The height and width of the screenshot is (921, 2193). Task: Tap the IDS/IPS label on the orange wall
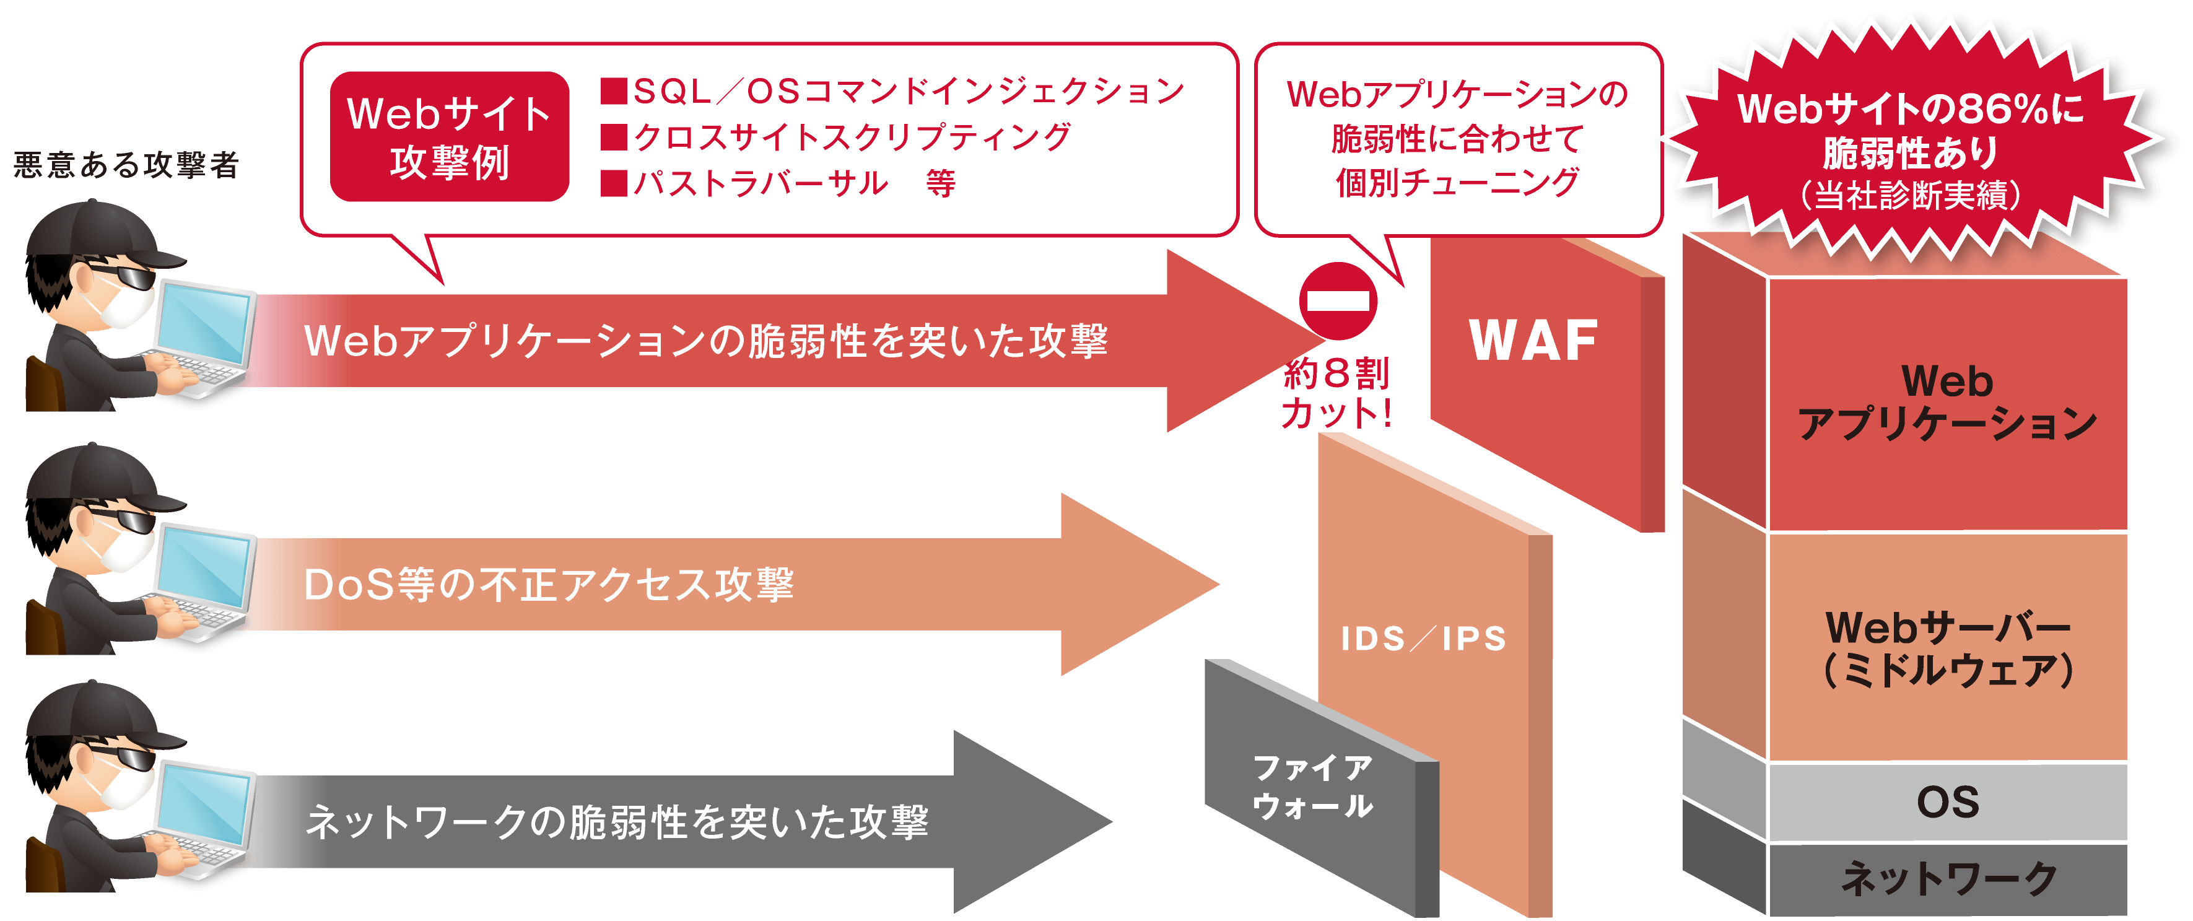(x=1423, y=639)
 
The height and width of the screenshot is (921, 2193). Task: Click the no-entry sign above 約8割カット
(x=1338, y=300)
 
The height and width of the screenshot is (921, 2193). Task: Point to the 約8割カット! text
(x=1336, y=393)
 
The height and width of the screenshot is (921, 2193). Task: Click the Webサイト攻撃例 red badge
(x=448, y=137)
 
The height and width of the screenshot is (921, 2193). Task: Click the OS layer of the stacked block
(x=1948, y=802)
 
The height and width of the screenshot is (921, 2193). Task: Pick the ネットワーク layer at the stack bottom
(x=1948, y=878)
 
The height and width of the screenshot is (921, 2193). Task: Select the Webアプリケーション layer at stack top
(x=1948, y=402)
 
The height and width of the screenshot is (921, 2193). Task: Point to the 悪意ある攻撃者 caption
(x=126, y=164)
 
